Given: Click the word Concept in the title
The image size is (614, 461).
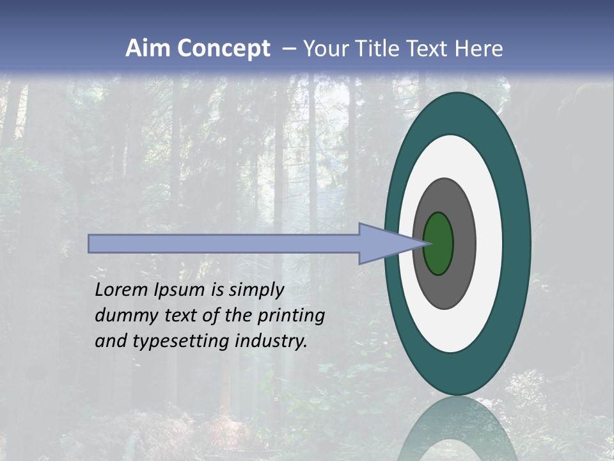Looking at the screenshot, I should pyautogui.click(x=223, y=49).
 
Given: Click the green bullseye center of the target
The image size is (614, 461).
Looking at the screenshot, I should pyautogui.click(x=439, y=244).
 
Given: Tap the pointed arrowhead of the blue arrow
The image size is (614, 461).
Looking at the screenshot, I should pyautogui.click(x=416, y=243).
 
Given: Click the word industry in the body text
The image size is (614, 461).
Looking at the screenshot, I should pyautogui.click(x=271, y=341).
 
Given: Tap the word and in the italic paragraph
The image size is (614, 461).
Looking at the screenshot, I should pyautogui.click(x=111, y=341).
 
